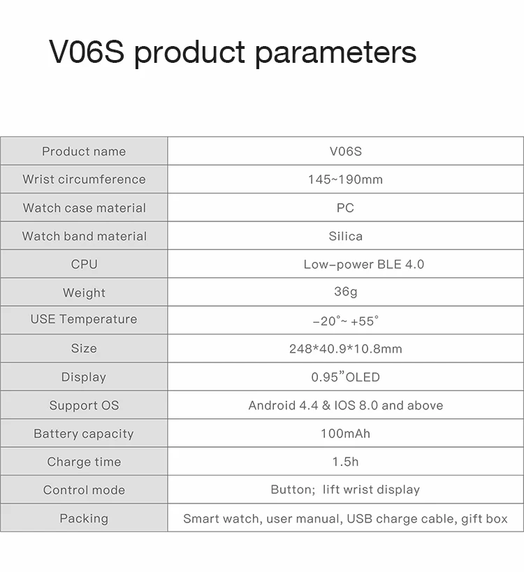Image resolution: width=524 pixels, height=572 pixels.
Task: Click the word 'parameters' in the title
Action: (x=335, y=53)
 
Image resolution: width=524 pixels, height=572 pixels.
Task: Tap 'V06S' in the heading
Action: (x=87, y=53)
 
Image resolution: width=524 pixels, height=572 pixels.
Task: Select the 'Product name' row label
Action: (x=84, y=152)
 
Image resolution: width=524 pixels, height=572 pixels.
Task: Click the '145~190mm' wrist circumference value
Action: (x=345, y=179)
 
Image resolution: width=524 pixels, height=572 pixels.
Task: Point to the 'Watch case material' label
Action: (x=84, y=208)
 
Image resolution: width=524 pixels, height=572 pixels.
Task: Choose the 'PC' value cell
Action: (x=345, y=208)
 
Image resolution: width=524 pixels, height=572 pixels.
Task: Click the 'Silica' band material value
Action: (x=345, y=236)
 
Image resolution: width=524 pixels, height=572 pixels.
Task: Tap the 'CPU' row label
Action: (x=84, y=265)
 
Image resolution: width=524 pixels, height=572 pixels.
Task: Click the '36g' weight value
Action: (x=345, y=292)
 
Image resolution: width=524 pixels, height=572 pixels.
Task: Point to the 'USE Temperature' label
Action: (x=84, y=319)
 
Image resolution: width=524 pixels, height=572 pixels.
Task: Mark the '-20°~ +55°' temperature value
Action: (x=345, y=321)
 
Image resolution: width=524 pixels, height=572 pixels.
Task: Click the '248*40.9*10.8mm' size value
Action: (x=345, y=349)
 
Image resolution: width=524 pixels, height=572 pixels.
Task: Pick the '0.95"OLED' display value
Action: (x=345, y=377)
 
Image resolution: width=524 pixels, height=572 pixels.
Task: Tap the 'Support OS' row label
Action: (x=84, y=406)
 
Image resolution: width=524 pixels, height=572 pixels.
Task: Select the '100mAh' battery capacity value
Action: (x=345, y=434)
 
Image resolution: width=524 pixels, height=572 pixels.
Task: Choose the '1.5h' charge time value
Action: (x=345, y=462)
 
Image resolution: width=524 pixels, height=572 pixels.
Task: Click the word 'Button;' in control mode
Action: (x=293, y=490)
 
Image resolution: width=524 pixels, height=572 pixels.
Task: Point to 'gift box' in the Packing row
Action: (x=484, y=519)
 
